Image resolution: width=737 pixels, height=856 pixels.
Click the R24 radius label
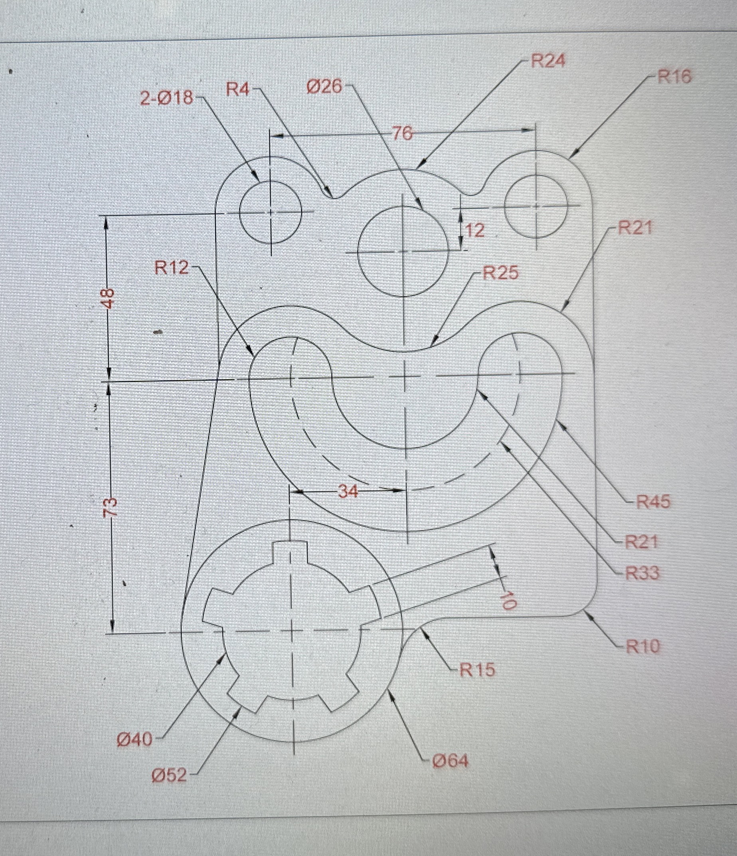[x=548, y=61]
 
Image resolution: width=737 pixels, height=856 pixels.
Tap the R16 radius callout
[x=674, y=77]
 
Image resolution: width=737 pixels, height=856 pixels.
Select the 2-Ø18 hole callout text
[x=166, y=98]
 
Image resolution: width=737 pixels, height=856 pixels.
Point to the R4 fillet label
[x=237, y=89]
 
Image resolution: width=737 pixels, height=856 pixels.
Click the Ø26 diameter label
[x=324, y=86]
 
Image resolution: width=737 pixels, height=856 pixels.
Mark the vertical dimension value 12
[x=475, y=230]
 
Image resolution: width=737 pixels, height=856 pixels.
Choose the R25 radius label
[x=501, y=273]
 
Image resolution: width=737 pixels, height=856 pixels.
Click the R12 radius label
[x=172, y=268]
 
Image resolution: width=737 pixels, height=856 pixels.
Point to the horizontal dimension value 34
[x=348, y=491]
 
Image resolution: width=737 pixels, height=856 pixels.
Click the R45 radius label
[x=653, y=502]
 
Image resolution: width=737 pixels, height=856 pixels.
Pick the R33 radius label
[x=642, y=573]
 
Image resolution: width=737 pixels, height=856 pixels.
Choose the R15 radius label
[x=477, y=670]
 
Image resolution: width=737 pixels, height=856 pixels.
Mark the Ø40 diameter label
[x=135, y=739]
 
